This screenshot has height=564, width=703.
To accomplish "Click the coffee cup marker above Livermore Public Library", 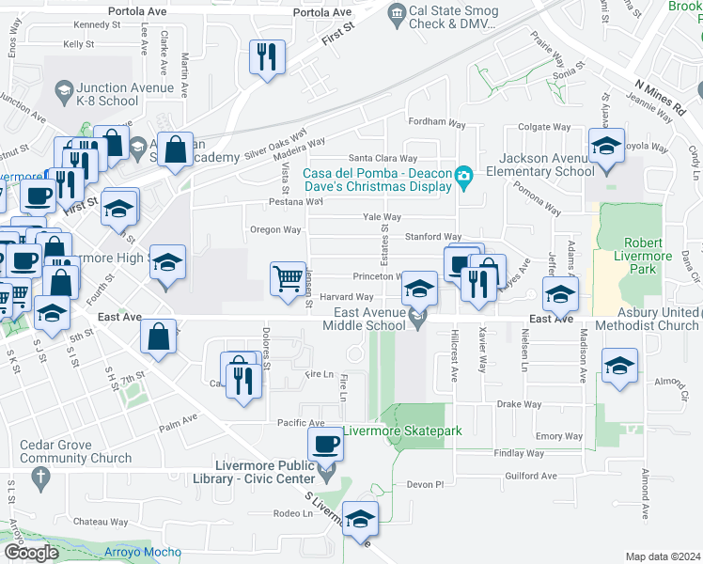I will [325, 444].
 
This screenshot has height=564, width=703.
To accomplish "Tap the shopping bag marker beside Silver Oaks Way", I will [176, 149].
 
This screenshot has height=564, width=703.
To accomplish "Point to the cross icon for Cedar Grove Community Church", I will [39, 478].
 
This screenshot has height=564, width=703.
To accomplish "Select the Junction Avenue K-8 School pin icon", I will [64, 90].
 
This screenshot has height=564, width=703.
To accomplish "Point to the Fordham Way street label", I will [436, 123].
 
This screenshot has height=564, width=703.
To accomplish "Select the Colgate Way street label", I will [545, 127].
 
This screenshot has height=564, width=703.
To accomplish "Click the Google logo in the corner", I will [31, 553].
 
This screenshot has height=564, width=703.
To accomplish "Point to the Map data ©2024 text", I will [663, 556].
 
